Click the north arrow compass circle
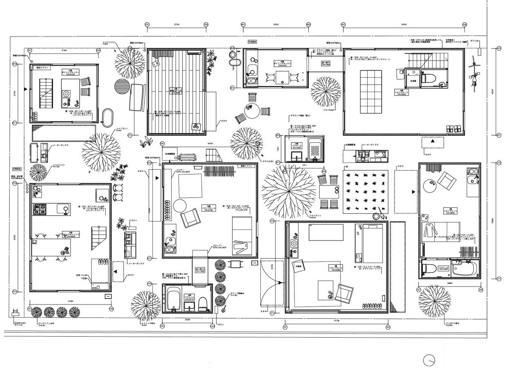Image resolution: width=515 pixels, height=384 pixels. click(x=429, y=361)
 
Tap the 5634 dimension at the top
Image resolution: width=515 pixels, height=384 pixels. click(x=404, y=24)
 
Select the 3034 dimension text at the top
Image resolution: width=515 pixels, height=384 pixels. click(x=276, y=24)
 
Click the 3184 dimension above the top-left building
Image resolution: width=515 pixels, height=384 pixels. click(x=64, y=51)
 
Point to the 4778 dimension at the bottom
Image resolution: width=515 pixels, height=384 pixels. click(x=336, y=321)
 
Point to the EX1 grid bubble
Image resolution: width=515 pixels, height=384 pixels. click(x=30, y=51)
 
